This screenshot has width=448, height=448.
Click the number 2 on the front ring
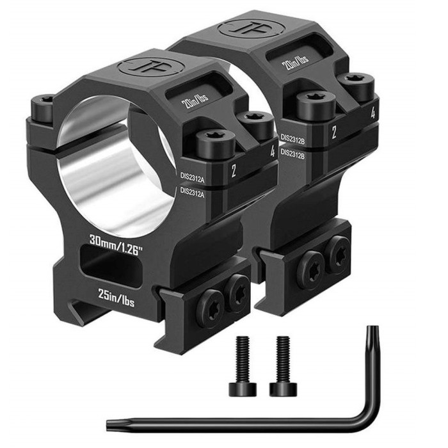(234, 170)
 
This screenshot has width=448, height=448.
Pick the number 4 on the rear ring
(372, 113)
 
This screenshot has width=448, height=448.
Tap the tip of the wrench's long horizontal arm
(109, 423)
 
